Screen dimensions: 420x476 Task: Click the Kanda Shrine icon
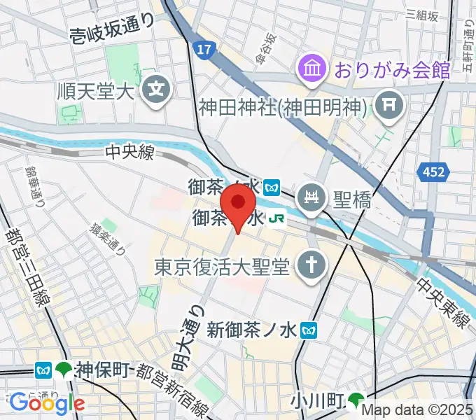click(386, 106)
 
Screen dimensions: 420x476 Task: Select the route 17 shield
click(203, 50)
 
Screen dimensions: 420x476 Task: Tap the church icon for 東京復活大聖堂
click(307, 266)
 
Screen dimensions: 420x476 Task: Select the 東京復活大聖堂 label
click(223, 267)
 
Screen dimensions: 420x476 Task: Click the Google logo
click(47, 402)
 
